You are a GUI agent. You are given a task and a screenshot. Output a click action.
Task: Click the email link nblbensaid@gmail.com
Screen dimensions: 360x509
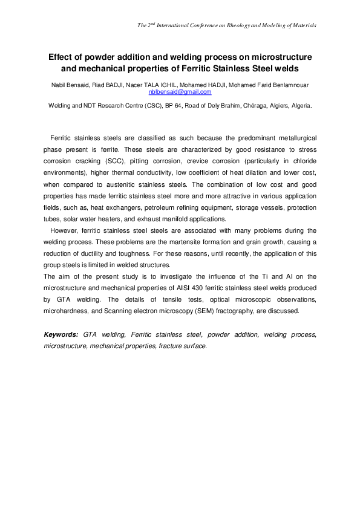(x=180, y=92)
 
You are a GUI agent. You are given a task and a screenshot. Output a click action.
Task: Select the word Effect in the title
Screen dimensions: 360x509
(x=62, y=57)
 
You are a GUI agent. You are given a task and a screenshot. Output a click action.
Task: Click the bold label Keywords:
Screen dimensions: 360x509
(x=61, y=334)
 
